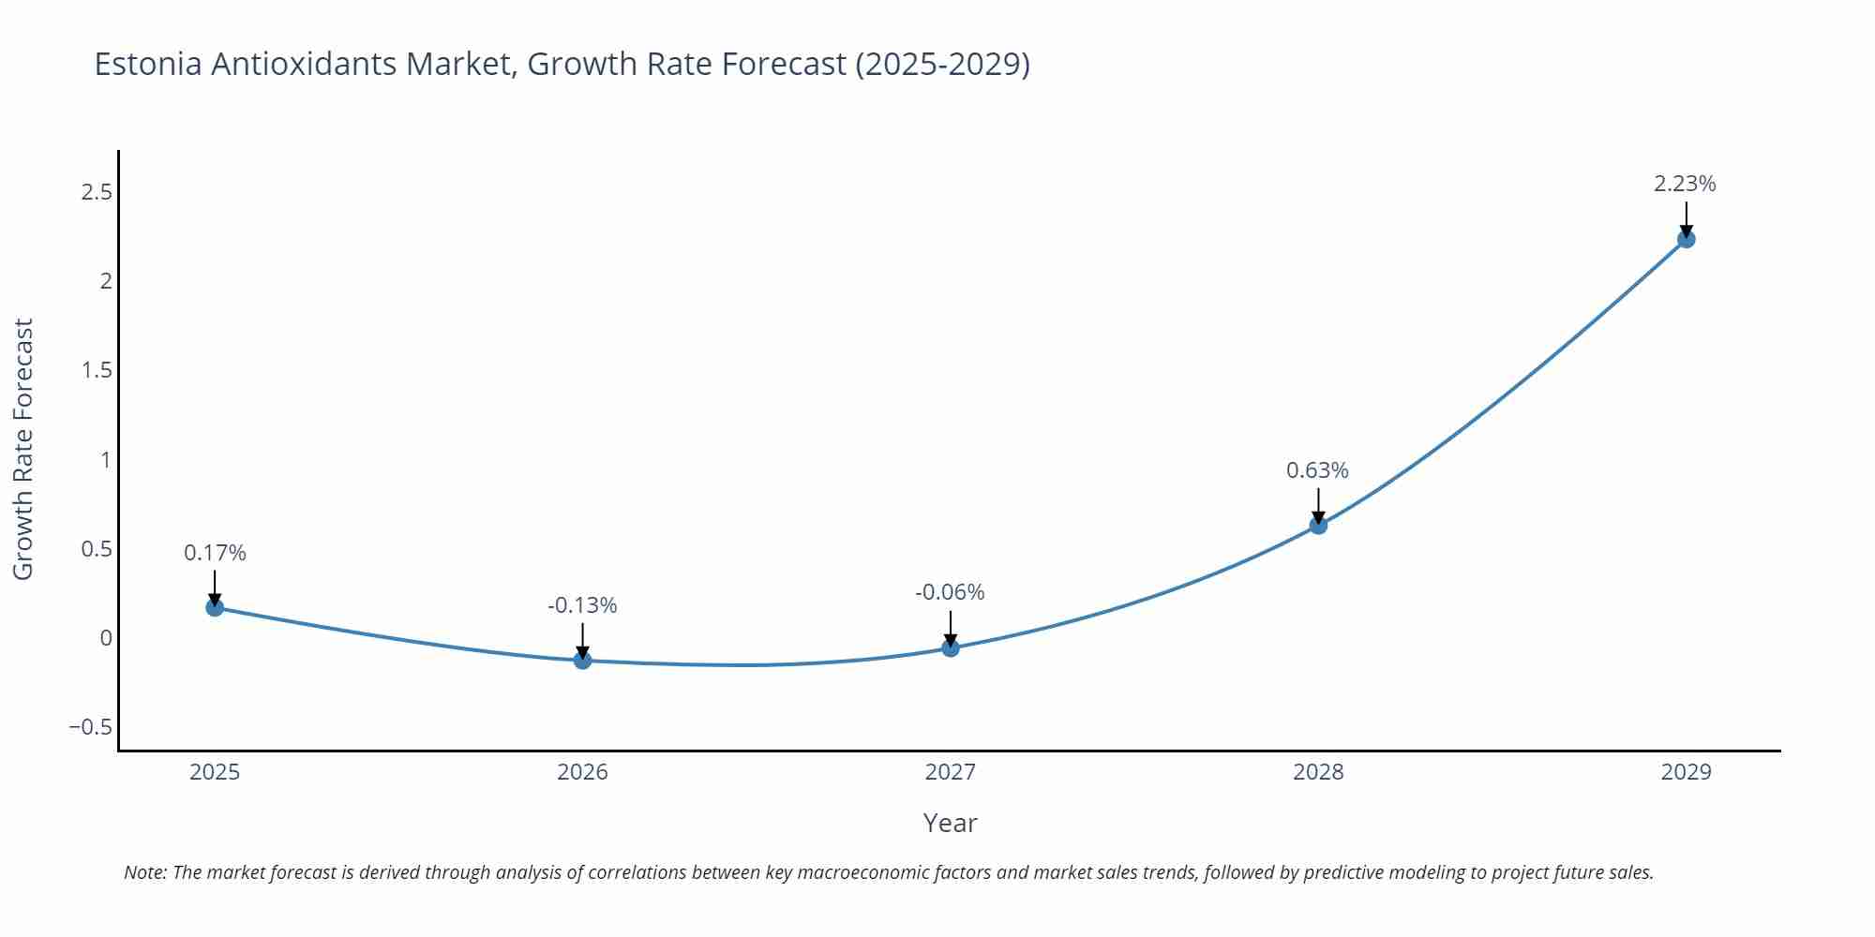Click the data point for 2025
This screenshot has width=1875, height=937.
(x=215, y=607)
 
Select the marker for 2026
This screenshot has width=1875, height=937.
(x=582, y=660)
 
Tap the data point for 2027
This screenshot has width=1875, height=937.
(x=951, y=647)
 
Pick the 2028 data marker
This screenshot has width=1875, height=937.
(x=1318, y=526)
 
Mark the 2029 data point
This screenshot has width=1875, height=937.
(x=1686, y=239)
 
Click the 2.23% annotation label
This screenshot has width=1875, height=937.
(x=1685, y=184)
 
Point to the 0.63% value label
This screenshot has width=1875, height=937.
(x=1317, y=470)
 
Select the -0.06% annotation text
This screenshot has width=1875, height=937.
(x=950, y=592)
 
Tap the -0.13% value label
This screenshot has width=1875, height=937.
(x=582, y=605)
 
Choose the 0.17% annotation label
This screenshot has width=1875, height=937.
(x=215, y=553)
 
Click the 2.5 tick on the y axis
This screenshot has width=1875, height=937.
(x=97, y=192)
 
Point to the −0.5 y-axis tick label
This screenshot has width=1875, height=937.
(x=90, y=727)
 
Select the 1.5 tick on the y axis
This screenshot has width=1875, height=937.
(x=97, y=370)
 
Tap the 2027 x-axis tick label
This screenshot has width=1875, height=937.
(x=950, y=772)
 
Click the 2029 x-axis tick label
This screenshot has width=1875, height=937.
(x=1686, y=772)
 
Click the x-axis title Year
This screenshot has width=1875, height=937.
(x=950, y=823)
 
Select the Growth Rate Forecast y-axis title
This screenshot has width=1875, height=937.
(x=23, y=449)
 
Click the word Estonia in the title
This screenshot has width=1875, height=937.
(x=148, y=64)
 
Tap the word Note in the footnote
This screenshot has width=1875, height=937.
(x=144, y=872)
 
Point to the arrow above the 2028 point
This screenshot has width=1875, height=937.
(x=1318, y=504)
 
